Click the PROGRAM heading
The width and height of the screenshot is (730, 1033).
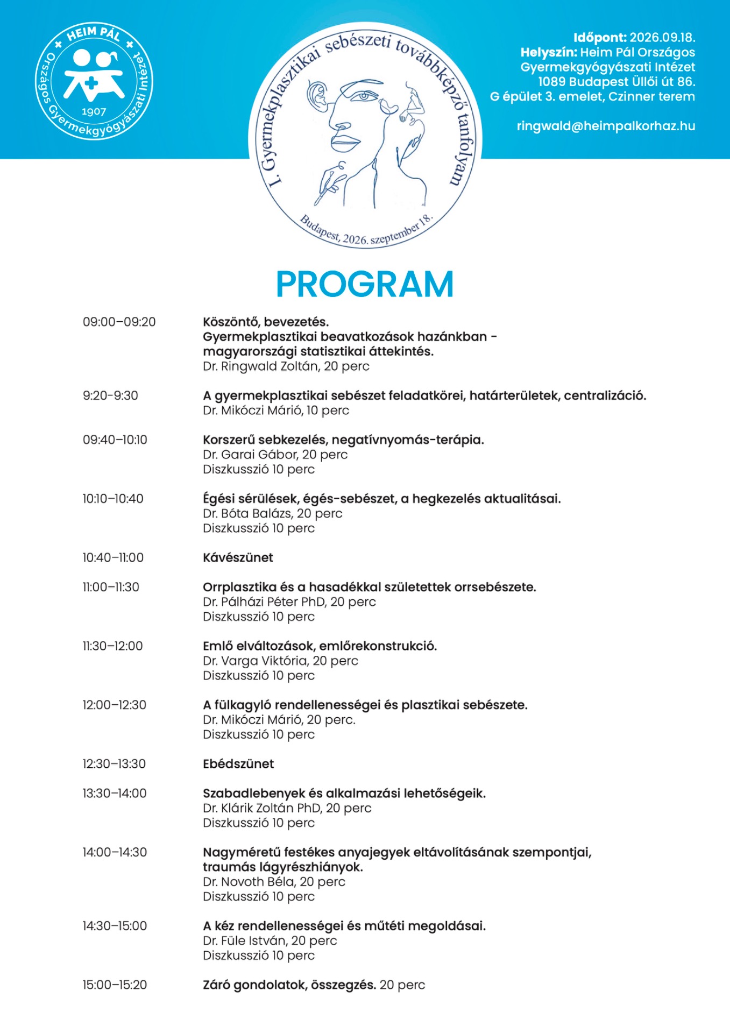click(x=365, y=284)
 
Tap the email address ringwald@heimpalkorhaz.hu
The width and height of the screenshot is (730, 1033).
click(x=606, y=126)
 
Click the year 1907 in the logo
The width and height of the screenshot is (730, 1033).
click(x=94, y=111)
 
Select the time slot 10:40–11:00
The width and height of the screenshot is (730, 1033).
click(x=113, y=557)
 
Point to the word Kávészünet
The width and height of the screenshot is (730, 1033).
click(x=238, y=557)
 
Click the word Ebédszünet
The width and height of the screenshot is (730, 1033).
click(x=238, y=763)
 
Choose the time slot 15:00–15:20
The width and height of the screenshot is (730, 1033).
click(x=115, y=985)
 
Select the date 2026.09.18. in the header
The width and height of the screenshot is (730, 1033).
click(x=662, y=38)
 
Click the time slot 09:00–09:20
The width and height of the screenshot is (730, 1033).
click(x=119, y=322)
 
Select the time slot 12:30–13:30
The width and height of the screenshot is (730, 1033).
click(x=114, y=763)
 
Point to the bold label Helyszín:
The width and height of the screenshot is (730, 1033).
click(x=548, y=52)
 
